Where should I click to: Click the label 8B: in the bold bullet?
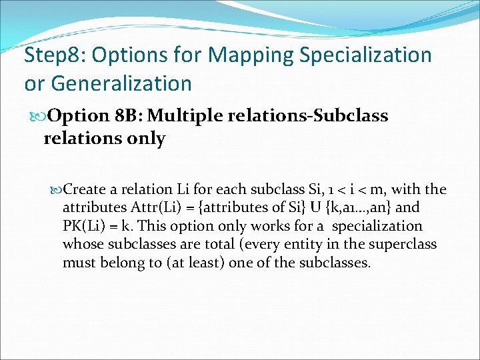click(x=127, y=116)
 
